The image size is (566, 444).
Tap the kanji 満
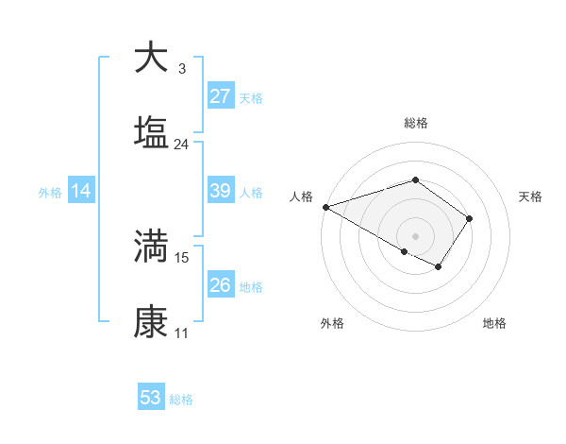[x=152, y=246]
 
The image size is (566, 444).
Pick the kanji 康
[x=152, y=322]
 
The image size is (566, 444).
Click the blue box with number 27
[x=220, y=96]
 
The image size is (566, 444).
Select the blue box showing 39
[x=220, y=192]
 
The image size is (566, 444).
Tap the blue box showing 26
[x=220, y=285]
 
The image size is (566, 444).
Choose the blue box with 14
[x=81, y=192]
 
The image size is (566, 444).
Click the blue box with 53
[x=151, y=398]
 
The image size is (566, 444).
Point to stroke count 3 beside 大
[x=181, y=68]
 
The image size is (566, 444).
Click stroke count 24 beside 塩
[x=181, y=145]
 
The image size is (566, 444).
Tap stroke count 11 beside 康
[x=181, y=334]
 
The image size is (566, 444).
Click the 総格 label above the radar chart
[x=415, y=123]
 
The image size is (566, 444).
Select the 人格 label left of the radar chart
[x=301, y=196]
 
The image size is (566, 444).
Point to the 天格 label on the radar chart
[x=530, y=196]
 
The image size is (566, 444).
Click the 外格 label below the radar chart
[x=332, y=324]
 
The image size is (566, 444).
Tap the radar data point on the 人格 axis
[x=325, y=207]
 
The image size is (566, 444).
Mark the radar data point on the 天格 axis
[x=470, y=218]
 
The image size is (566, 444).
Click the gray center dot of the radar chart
[x=415, y=235]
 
